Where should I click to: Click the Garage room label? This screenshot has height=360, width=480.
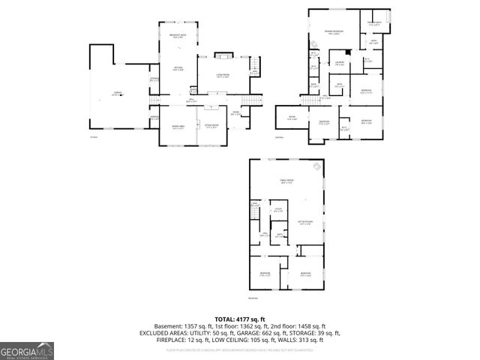pyautogui.click(x=118, y=93)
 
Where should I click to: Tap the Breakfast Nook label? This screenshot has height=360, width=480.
pyautogui.click(x=178, y=36)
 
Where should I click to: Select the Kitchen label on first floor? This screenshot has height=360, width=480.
pyautogui.click(x=178, y=69)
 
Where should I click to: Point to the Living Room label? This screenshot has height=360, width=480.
pyautogui.click(x=221, y=76)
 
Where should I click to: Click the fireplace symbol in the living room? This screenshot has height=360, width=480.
pyautogui.click(x=223, y=55)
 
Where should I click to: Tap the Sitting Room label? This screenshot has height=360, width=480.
pyautogui.click(x=212, y=125)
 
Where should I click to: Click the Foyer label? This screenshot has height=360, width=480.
pyautogui.click(x=235, y=112)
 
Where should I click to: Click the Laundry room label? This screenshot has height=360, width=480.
pyautogui.click(x=339, y=63)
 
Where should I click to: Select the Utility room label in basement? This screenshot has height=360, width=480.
pyautogui.click(x=277, y=210)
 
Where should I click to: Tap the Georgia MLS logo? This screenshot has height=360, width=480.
pyautogui.click(x=25, y=349)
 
